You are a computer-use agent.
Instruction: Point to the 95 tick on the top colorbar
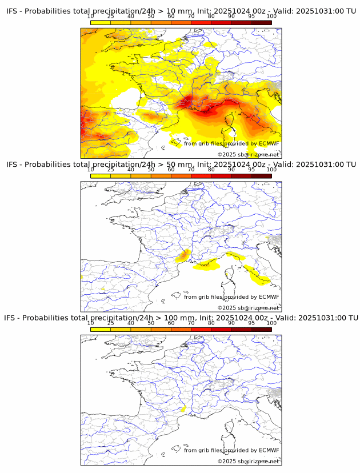click(251, 17)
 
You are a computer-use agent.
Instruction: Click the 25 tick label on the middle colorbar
click(111, 170)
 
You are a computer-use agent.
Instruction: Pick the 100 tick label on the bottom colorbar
click(271, 323)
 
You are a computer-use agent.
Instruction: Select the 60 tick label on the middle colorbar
click(171, 170)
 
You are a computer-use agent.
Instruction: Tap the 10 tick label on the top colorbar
click(91, 17)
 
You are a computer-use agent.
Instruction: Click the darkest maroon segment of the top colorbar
click(261, 22)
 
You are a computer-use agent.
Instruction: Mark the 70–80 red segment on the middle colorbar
click(201, 175)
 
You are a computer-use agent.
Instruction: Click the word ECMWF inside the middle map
click(269, 296)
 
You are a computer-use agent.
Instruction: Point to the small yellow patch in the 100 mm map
click(183, 408)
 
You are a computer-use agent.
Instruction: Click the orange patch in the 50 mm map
click(184, 256)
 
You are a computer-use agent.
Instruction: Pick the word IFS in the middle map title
click(12, 165)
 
